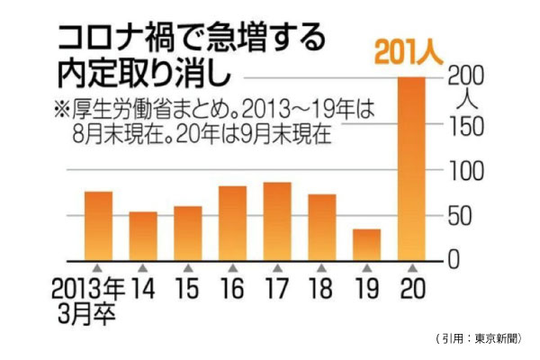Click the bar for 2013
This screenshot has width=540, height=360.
pos(98,226)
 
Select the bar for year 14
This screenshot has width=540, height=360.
pos(143,236)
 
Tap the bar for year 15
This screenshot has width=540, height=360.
pos(187,233)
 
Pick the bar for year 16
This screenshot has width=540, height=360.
pos(232,223)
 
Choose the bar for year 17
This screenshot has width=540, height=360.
pos(277,221)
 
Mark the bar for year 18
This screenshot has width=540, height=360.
pos(321,227)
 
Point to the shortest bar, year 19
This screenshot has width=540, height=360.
pos(366,244)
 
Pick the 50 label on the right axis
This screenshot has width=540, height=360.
pos(462,216)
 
